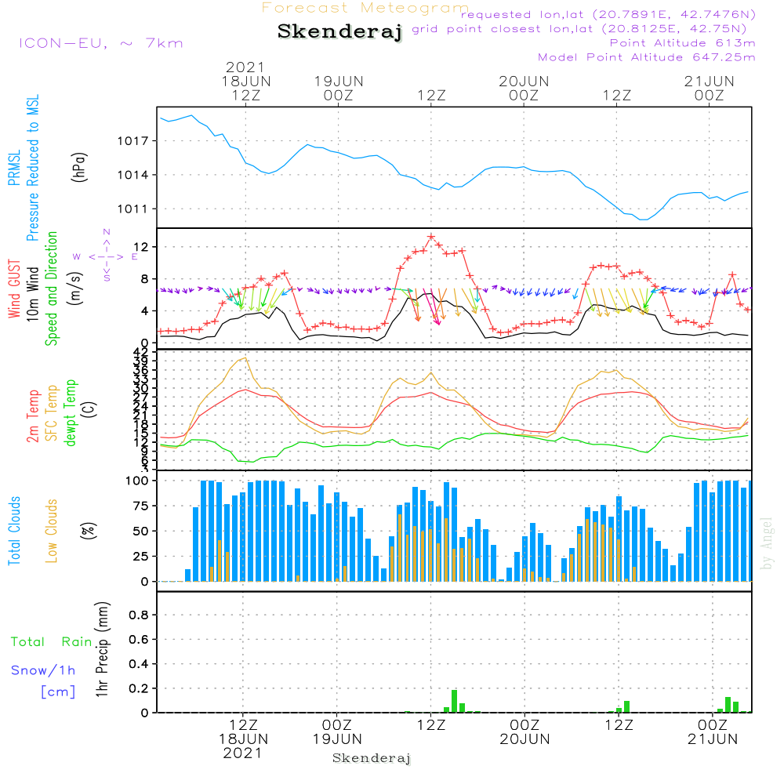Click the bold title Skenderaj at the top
339,32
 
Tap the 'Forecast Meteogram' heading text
365,9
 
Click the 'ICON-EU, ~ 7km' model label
100,43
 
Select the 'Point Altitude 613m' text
682,42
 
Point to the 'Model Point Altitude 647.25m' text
647,57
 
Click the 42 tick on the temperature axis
140,351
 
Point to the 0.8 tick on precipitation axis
139,615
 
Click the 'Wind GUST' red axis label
14,291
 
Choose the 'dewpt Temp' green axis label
71,413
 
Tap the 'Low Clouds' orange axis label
52,530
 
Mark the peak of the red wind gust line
431,237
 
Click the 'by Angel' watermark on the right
767,543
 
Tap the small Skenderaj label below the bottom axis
372,758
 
